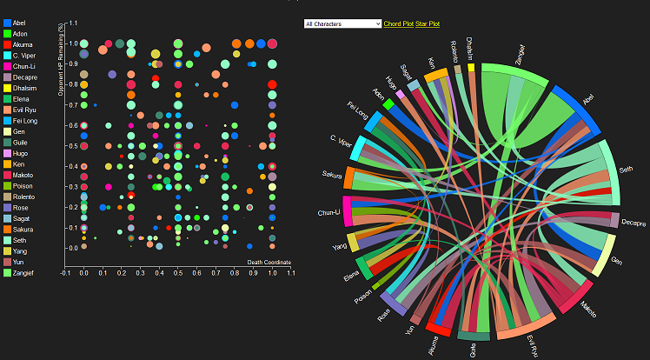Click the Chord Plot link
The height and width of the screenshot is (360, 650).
tap(398, 23)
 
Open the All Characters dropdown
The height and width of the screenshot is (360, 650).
tap(342, 23)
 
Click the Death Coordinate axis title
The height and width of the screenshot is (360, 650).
tap(269, 262)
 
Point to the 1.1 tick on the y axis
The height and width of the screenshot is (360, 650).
tap(73, 23)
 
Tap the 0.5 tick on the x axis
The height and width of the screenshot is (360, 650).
tap(178, 272)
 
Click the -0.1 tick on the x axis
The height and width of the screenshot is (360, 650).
tap(65, 272)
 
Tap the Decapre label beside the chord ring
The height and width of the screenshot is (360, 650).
tap(633, 223)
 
